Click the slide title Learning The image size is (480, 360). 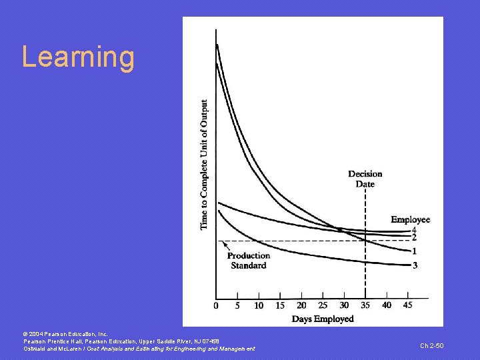point(78,57)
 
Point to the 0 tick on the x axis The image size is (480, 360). point(215,305)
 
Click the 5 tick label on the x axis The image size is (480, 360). point(237,305)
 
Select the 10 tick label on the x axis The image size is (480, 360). point(259,305)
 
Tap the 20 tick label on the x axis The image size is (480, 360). point(301,305)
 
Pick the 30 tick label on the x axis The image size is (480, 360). point(344,305)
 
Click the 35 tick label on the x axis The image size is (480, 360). point(365,305)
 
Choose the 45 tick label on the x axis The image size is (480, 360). point(407,305)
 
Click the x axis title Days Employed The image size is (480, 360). point(323,319)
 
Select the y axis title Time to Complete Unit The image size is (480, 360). point(204,165)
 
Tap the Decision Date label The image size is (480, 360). point(365,179)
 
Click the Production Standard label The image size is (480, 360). point(248,260)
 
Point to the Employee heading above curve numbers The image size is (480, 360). point(411,219)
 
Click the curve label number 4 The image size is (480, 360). point(414,230)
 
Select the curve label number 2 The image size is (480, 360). point(414,237)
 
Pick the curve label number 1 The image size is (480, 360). point(414,251)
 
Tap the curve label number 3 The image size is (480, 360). point(414,265)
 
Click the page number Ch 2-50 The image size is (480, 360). point(431,345)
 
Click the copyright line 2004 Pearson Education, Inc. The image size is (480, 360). point(61,333)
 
